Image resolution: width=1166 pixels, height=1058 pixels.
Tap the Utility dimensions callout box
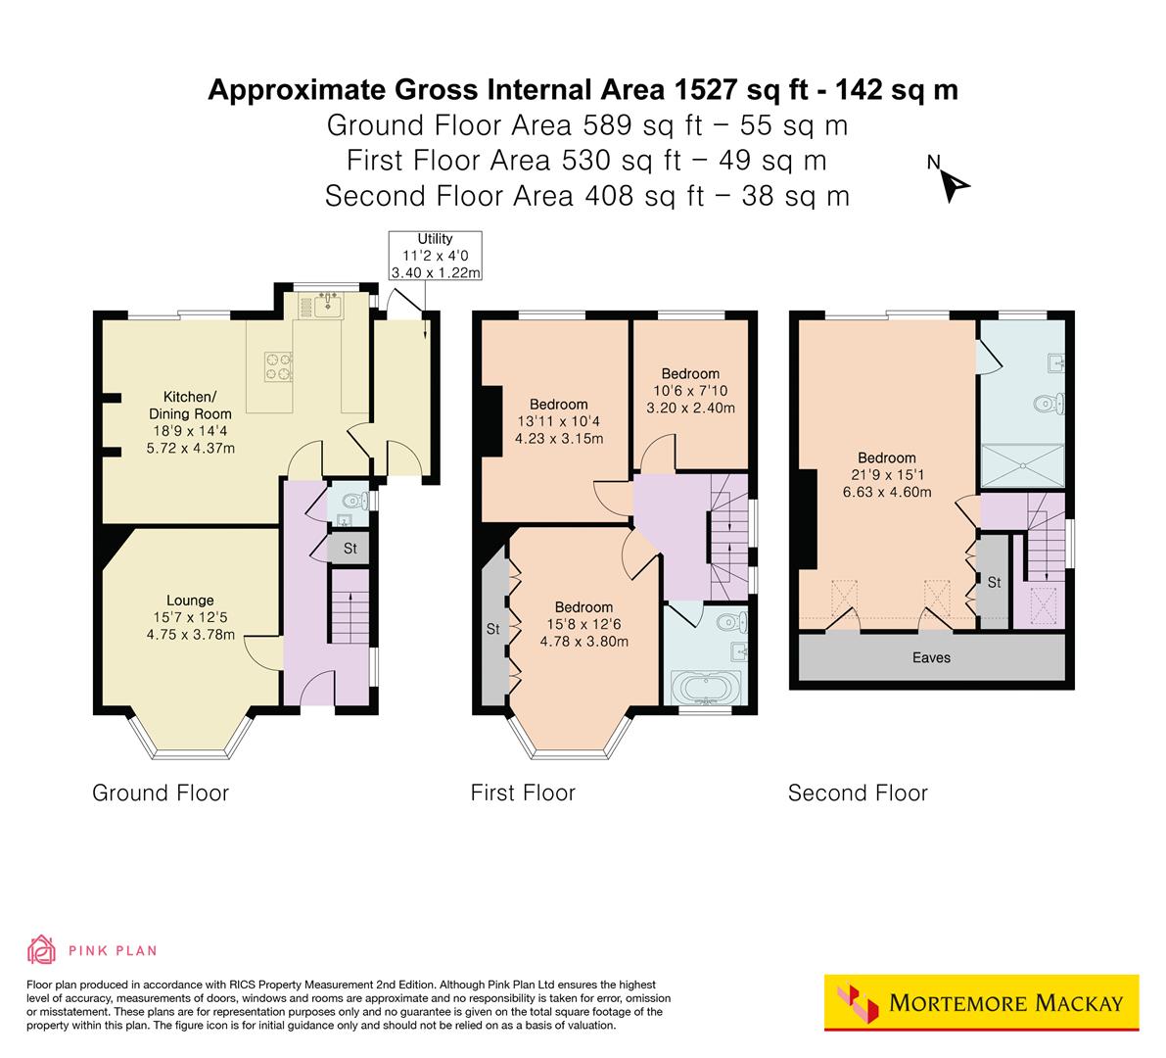pos(436,256)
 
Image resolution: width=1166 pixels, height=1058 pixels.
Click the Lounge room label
pos(190,601)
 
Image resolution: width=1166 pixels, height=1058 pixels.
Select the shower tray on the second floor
pos(1023,465)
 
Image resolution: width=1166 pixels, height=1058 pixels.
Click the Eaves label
pos(930,657)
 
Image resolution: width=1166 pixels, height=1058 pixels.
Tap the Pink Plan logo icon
pos(42,949)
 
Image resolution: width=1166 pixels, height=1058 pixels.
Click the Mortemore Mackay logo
pos(981,1002)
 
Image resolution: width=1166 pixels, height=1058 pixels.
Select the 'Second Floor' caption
pos(857,793)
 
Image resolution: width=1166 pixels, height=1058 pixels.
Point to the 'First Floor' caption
pos(523,793)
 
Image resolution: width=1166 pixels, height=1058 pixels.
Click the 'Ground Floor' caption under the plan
pos(161,793)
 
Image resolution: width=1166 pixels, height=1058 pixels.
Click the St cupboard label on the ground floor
pos(350,549)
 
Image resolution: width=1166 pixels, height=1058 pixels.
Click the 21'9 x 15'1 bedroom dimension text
pos(887,475)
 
